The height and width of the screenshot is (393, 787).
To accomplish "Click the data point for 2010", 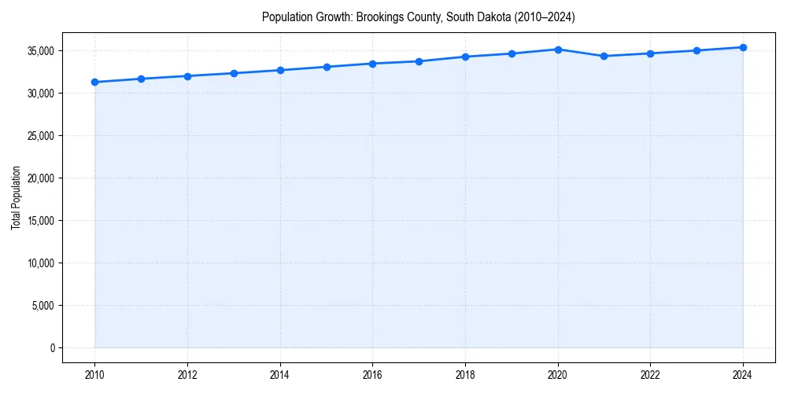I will [94, 82].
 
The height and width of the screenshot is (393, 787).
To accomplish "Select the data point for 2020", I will [558, 50].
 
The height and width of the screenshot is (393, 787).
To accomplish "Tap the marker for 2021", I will [604, 56].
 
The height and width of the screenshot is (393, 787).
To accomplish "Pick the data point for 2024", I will [743, 47].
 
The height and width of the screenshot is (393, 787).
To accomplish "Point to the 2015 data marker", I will [327, 67].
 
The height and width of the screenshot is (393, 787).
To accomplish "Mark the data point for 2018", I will [465, 57].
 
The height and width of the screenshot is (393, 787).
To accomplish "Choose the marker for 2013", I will [234, 73].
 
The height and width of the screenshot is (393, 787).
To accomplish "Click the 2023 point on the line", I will [696, 50].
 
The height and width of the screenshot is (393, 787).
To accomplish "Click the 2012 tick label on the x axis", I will [187, 374].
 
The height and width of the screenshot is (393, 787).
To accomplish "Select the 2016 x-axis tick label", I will [373, 374].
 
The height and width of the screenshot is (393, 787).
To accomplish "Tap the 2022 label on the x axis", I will [651, 374].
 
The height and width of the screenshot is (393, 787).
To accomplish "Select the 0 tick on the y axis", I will [53, 348].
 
